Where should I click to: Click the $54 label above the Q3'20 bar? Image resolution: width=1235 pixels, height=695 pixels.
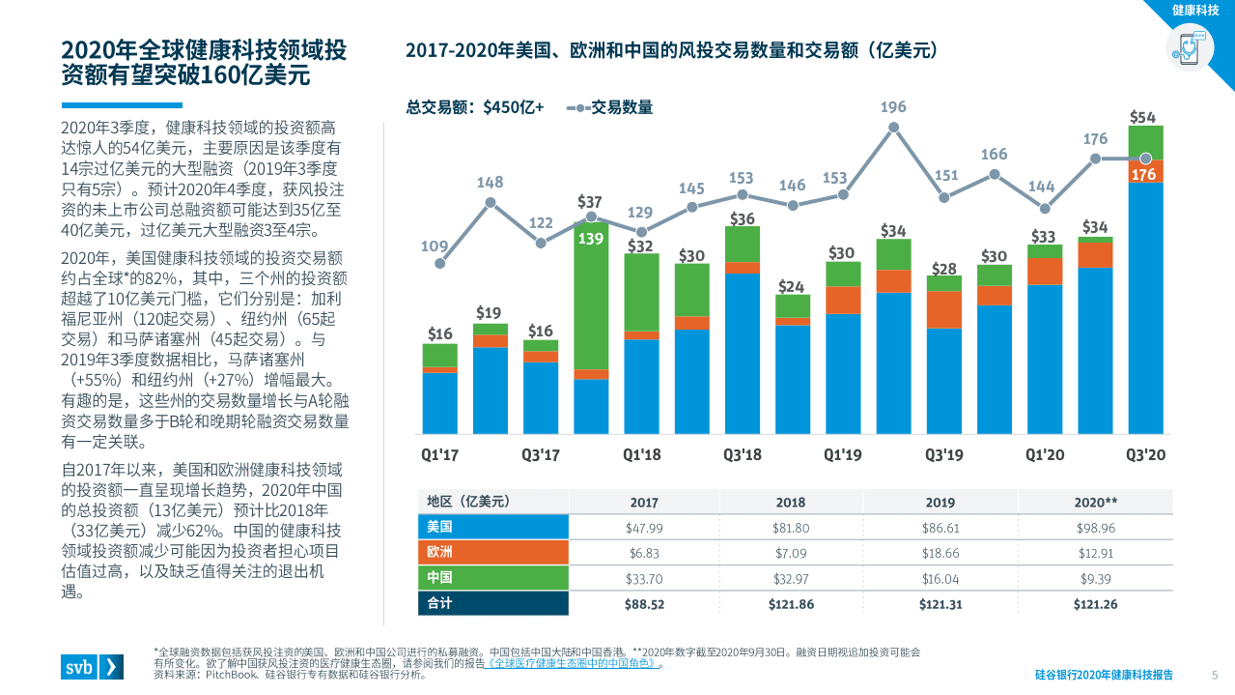1143,117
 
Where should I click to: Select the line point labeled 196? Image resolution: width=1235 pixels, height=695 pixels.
893,127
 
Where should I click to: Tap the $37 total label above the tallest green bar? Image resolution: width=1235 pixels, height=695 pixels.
590,202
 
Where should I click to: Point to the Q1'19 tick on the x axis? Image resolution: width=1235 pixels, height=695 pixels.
842,454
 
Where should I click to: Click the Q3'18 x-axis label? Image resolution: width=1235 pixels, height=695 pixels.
742,454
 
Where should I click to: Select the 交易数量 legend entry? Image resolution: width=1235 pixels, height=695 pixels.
610,107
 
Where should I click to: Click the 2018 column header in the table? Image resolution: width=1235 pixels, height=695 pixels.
791,503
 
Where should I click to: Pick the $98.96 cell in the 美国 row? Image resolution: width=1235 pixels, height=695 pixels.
1096,528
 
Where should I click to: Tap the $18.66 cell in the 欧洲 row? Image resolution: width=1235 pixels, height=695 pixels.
940,553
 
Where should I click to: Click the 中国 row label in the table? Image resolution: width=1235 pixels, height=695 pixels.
441,578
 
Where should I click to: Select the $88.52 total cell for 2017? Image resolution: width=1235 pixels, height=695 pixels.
644,604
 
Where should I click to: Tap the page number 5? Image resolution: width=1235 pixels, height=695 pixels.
1215,675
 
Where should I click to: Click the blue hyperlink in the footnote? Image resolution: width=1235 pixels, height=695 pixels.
574,663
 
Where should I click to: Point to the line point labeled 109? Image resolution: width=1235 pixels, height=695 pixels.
440,263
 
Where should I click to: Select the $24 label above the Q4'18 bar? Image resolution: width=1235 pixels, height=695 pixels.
792,286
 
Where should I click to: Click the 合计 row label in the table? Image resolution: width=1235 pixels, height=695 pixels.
441,604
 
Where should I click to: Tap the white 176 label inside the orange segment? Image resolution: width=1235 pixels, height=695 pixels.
1143,175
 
